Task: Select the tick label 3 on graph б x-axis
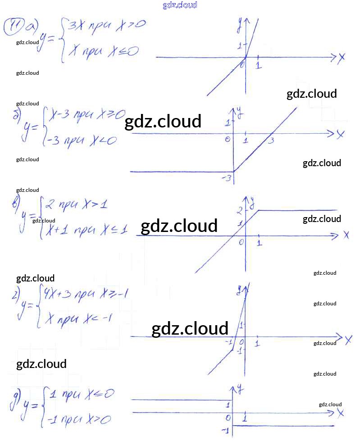pos(271,141)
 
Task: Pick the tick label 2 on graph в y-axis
pos(240,209)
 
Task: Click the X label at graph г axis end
pos(348,340)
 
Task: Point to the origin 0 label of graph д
pos(228,418)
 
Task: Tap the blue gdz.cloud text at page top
pos(180,5)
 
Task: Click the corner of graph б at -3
pos(234,172)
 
